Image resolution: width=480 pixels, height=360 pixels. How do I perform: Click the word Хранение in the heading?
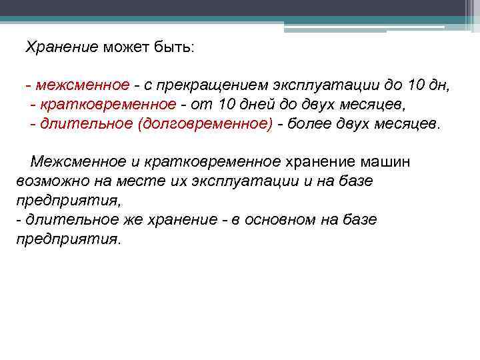[62, 48]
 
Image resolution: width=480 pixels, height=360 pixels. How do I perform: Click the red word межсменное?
[83, 86]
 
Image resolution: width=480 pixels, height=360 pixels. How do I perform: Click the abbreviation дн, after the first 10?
[441, 86]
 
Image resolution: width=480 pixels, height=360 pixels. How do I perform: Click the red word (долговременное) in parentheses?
[205, 125]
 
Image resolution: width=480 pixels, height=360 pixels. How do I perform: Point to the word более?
[306, 125]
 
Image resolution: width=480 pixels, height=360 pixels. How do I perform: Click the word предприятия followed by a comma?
[69, 201]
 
